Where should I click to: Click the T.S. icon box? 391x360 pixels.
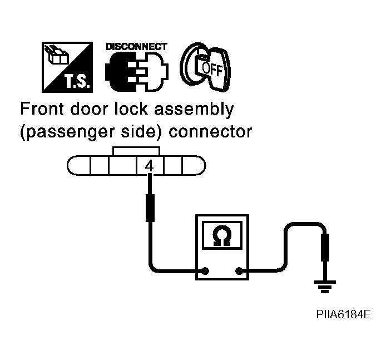pos(67,67)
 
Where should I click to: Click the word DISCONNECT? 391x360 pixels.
pos(136,47)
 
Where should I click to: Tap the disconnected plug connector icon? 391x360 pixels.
pos(137,72)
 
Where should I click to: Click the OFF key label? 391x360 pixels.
pos(212,69)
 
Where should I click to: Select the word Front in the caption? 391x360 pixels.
pos(42,109)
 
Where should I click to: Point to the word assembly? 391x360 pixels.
pos(194,110)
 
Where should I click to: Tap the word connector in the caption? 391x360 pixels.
pos(210,131)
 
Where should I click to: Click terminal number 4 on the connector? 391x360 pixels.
pos(150,166)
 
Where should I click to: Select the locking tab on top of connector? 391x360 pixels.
pos(136,151)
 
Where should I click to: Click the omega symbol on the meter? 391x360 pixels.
pos(222,236)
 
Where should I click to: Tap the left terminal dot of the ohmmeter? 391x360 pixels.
pos(205,270)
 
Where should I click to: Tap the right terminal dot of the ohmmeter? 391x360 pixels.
pos(239,270)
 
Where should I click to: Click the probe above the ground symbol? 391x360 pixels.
pos(325,248)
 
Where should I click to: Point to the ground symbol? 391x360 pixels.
pos(325,287)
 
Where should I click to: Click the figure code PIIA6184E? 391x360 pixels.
pos(343,314)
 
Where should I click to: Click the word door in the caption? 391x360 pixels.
pos(89,109)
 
